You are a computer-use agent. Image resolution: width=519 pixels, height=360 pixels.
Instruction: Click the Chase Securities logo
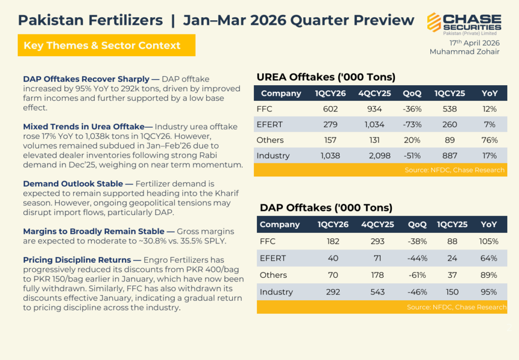(x=464, y=23)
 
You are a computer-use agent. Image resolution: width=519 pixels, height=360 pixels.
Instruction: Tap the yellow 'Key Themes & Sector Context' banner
(x=106, y=45)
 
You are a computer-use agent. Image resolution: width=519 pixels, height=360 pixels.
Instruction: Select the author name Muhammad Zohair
(x=464, y=52)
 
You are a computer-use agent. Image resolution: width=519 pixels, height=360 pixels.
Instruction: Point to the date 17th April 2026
(x=474, y=43)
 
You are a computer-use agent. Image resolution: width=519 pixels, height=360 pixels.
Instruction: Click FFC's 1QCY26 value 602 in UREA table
(x=330, y=109)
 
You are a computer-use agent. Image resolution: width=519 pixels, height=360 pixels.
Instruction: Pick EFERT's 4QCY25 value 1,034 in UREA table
(x=375, y=125)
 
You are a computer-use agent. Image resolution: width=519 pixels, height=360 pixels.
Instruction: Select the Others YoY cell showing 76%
(x=490, y=140)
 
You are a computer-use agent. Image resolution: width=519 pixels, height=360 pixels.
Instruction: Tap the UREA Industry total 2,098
(x=379, y=156)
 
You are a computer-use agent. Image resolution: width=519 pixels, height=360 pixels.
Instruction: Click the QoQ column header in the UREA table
(x=412, y=93)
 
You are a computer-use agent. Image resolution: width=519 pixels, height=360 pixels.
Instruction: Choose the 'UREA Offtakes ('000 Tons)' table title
(x=326, y=77)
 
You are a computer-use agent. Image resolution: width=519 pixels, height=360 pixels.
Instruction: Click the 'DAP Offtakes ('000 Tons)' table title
(x=326, y=208)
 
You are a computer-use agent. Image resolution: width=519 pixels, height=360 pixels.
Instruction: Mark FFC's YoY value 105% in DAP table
(x=489, y=241)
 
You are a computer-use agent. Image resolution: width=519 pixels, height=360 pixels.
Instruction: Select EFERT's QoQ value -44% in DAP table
(x=417, y=258)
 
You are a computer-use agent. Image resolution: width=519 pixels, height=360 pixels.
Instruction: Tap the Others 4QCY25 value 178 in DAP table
(x=377, y=275)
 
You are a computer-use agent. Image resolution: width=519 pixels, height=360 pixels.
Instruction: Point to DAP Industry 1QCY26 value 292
(x=333, y=292)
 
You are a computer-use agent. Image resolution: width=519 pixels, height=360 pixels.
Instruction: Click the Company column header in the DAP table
(x=280, y=225)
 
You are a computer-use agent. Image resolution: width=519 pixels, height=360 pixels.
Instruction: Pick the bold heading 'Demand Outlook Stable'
(x=73, y=184)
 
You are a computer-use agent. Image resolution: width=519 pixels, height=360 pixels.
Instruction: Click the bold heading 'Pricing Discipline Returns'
(x=77, y=260)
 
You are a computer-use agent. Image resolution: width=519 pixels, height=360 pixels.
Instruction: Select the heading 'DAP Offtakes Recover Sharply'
(x=86, y=79)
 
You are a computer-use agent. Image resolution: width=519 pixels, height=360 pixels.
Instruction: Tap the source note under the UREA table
(x=455, y=170)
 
